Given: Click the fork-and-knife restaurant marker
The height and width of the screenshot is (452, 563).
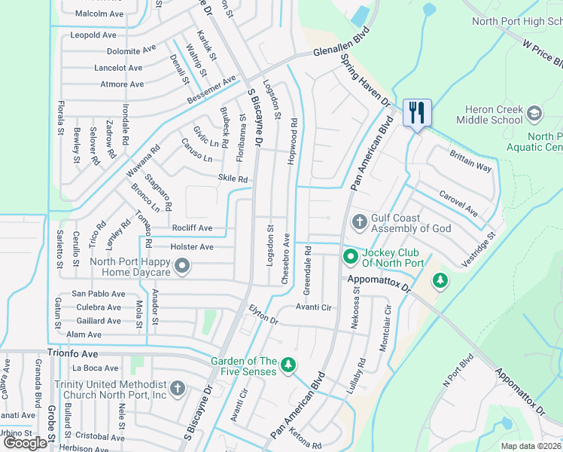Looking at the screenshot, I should pyautogui.click(x=417, y=113).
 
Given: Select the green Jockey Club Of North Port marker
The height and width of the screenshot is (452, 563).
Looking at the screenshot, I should pyautogui.click(x=350, y=258).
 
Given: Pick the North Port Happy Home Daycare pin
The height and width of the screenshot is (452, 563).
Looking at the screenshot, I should pyautogui.click(x=182, y=266).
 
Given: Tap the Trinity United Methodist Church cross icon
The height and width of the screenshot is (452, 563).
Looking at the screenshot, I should pyautogui.click(x=177, y=389).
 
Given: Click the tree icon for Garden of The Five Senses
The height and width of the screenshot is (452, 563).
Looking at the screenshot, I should pyautogui.click(x=287, y=366).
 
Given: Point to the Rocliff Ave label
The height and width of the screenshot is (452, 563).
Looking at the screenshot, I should pyautogui.click(x=191, y=228).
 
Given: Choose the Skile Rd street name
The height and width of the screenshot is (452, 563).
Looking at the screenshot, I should pyautogui.click(x=233, y=179).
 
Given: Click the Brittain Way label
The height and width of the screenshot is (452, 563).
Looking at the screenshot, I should pyautogui.click(x=470, y=160).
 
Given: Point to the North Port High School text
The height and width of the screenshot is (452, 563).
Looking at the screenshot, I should pyautogui.click(x=517, y=21).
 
